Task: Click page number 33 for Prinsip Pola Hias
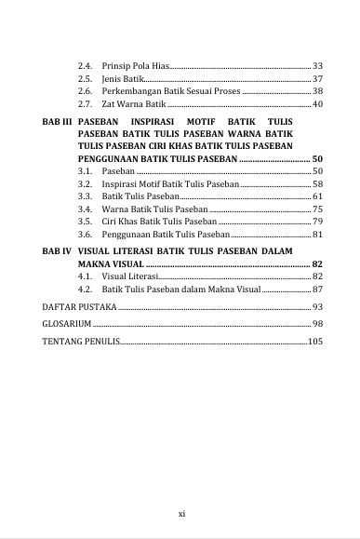[317, 67]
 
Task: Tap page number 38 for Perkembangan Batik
[317, 92]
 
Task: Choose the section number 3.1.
[87, 172]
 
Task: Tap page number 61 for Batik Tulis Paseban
[317, 197]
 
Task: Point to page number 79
[317, 222]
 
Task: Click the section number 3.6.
[87, 235]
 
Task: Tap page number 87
[317, 290]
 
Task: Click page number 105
[314, 342]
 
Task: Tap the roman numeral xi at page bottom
[181, 511]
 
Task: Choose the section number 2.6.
[87, 92]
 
